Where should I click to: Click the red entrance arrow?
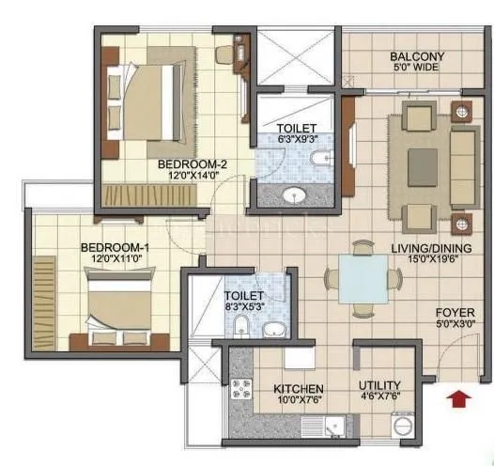458,398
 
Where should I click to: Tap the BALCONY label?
417,56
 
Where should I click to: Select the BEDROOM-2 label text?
193,163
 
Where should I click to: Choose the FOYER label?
454,313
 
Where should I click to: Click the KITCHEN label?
299,388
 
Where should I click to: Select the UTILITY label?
380,385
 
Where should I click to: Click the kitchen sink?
333,427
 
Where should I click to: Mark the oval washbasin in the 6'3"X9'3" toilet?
295,195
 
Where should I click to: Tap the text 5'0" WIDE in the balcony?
417,69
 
